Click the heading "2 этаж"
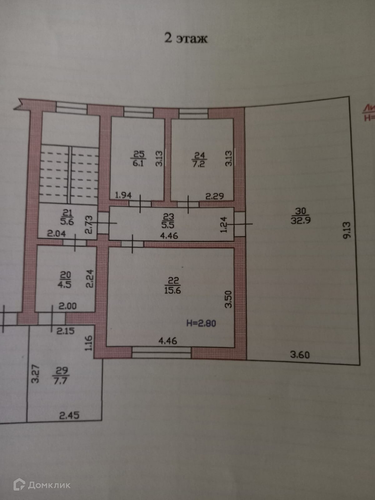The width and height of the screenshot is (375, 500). pyautogui.click(x=186, y=38)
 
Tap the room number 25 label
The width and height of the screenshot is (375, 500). pyautogui.click(x=139, y=154)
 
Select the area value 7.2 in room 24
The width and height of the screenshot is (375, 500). pyautogui.click(x=199, y=164)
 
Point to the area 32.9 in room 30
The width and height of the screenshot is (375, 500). pyautogui.click(x=301, y=220)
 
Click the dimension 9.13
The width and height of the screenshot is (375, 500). pyautogui.click(x=347, y=230)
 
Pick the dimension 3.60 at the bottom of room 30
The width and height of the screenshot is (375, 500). pyautogui.click(x=300, y=355)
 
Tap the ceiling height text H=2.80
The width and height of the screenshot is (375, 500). pyautogui.click(x=201, y=323)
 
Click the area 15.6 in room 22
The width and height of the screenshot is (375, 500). pyautogui.click(x=173, y=290)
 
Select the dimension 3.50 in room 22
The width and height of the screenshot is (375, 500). pyautogui.click(x=228, y=299)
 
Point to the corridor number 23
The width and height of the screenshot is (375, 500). pyautogui.click(x=168, y=217)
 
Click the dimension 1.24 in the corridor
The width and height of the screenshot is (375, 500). pyautogui.click(x=224, y=225)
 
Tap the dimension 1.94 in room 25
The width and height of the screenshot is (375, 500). pyautogui.click(x=123, y=195)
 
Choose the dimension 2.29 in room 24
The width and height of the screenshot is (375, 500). pyautogui.click(x=215, y=196)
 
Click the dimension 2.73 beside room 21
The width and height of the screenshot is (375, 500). pyautogui.click(x=89, y=224)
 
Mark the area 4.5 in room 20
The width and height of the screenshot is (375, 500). pyautogui.click(x=65, y=284)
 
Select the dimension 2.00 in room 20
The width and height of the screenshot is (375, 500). pyautogui.click(x=67, y=306)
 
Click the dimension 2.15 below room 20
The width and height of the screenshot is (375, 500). pyautogui.click(x=65, y=331)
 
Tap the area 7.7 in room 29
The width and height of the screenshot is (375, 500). pyautogui.click(x=60, y=381)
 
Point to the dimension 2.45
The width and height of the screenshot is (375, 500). pyautogui.click(x=69, y=415)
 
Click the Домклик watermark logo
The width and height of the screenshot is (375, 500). pyautogui.click(x=42, y=485)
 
